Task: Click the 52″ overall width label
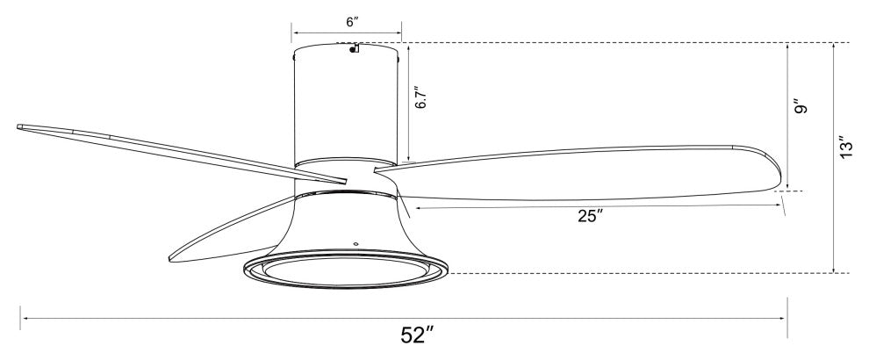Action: pos(417,335)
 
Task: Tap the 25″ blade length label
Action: pos(590,216)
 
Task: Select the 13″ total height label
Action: pos(845,148)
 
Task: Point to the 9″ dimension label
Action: pos(800,106)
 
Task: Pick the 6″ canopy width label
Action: pos(353,22)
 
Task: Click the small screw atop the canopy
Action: pos(354,48)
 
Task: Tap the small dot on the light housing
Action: pos(355,243)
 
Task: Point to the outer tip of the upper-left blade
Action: pos(18,127)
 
